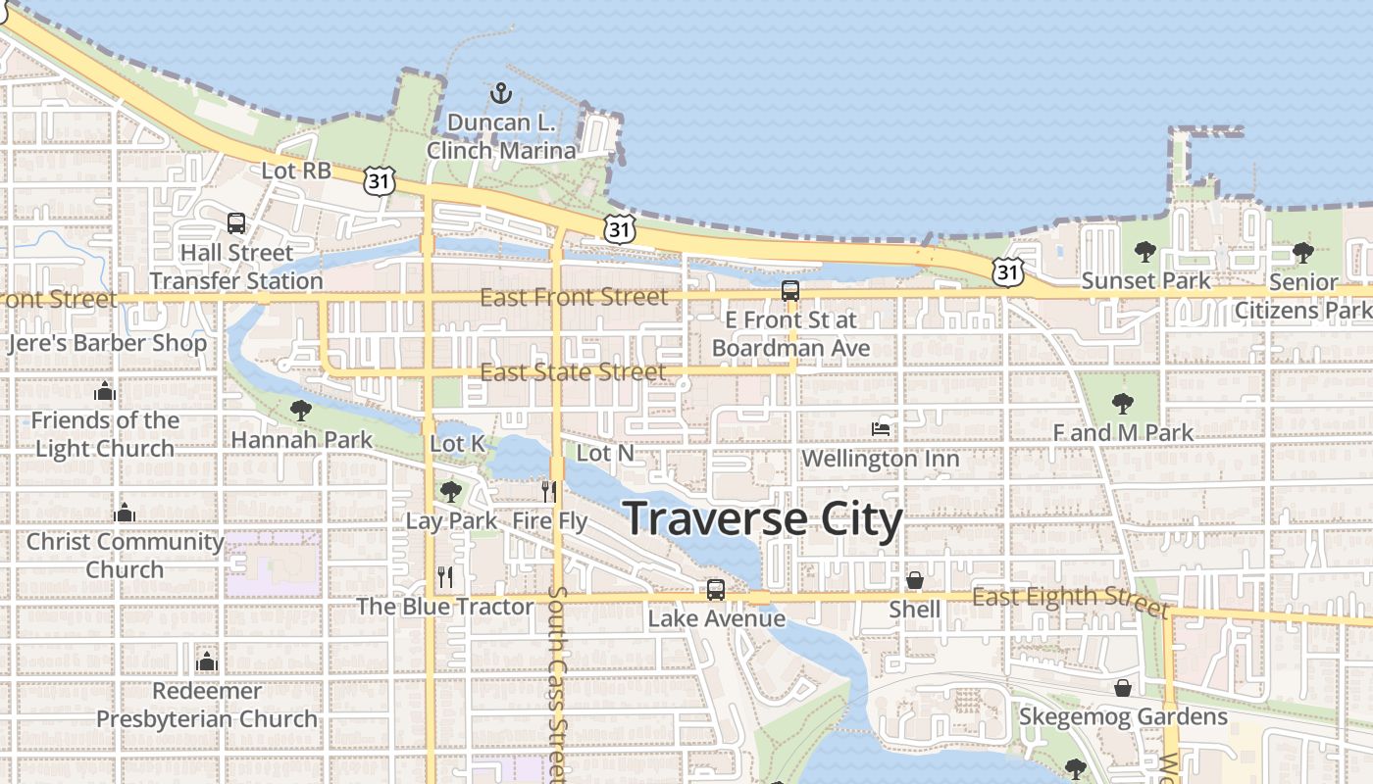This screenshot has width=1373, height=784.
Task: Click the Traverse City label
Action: (762, 519)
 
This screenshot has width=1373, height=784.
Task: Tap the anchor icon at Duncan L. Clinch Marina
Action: (501, 93)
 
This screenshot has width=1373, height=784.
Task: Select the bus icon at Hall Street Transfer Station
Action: (236, 223)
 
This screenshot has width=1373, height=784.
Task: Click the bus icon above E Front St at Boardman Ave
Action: (789, 290)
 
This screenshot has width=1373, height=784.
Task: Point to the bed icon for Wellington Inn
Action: (881, 428)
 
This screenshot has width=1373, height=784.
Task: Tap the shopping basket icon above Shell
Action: (914, 580)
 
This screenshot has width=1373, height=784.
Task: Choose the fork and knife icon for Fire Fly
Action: (549, 491)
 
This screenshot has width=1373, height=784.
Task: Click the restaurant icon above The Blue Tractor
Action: (445, 576)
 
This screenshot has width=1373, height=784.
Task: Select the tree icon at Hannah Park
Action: (301, 410)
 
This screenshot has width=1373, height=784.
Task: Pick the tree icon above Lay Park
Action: (450, 490)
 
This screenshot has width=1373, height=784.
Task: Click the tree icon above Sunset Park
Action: (1144, 252)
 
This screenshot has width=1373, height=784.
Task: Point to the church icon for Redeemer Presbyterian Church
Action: (206, 661)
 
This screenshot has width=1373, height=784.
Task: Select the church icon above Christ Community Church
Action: (125, 512)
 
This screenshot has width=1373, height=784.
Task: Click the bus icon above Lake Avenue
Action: (716, 589)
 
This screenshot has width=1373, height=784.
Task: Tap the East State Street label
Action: (573, 372)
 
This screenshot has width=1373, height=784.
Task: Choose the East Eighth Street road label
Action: (1070, 599)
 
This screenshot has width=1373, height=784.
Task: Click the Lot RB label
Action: (296, 171)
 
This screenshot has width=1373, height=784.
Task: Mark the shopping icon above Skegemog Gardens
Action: (1123, 688)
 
